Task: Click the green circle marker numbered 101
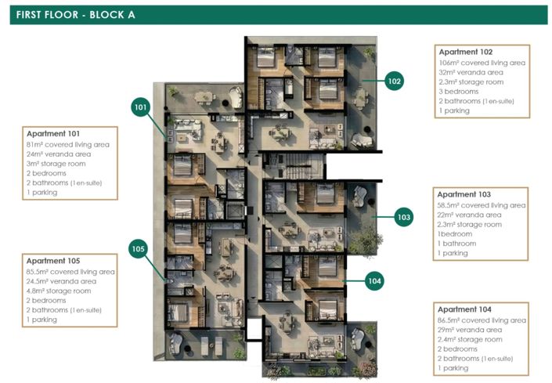(x=141, y=107)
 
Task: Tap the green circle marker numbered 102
(x=394, y=81)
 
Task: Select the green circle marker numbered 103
(x=403, y=217)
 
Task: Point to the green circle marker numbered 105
(x=139, y=249)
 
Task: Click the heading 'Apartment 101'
(x=53, y=134)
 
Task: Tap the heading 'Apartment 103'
(x=464, y=194)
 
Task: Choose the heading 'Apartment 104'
(x=464, y=309)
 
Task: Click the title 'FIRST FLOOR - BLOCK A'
(x=74, y=14)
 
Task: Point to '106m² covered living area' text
(x=482, y=63)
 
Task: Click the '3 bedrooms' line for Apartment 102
(x=458, y=92)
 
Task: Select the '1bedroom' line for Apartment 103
(x=453, y=233)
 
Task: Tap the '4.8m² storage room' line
(x=62, y=291)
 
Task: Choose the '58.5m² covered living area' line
(x=482, y=204)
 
